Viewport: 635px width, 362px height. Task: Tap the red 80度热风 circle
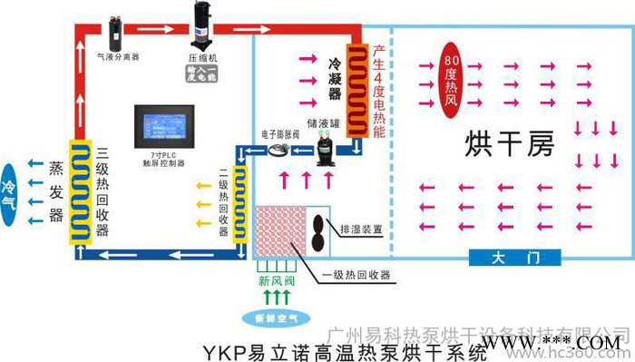tap(452, 72)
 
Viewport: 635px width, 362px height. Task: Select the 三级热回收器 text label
tap(103, 191)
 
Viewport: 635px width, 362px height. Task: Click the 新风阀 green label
tap(275, 278)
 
